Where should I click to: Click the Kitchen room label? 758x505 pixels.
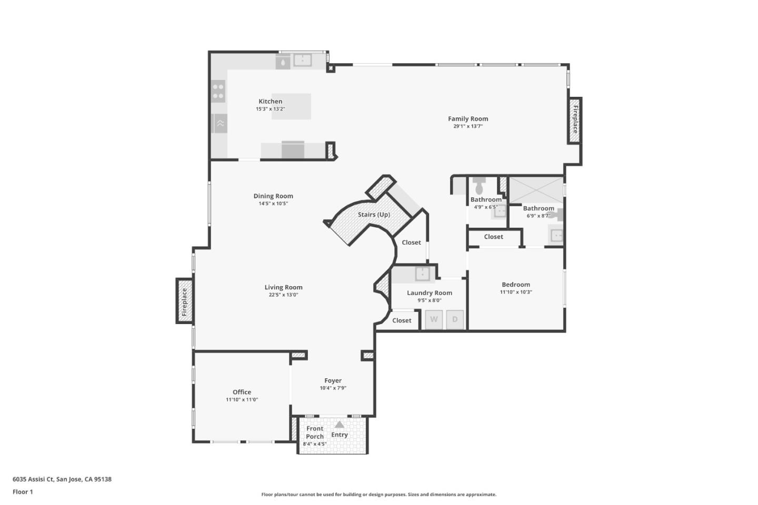pos(270,102)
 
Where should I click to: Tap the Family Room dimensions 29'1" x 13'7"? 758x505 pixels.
pos(468,126)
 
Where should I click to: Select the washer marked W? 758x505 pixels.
pos(434,319)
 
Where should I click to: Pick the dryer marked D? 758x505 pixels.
pos(455,319)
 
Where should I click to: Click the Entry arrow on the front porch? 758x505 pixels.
pos(340,425)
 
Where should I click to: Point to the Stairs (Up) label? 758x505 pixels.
pos(374,215)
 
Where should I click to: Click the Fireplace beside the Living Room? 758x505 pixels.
pos(184,301)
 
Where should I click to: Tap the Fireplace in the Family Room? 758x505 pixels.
pos(575,120)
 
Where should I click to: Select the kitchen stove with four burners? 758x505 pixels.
pos(218,91)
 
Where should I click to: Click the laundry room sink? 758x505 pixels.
pos(422,274)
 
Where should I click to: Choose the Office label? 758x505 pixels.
pos(242,392)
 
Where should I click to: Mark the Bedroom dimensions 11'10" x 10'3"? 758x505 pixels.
pos(516,292)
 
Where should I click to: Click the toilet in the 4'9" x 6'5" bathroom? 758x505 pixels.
pos(479,187)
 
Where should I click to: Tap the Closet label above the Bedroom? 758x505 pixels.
pos(493,237)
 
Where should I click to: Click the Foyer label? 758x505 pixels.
pos(333,380)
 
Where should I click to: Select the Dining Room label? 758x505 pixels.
pos(273,196)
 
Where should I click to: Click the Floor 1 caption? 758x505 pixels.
pos(23,492)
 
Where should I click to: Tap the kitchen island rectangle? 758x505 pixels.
pos(291,106)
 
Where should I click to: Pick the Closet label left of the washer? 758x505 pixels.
pos(402,320)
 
